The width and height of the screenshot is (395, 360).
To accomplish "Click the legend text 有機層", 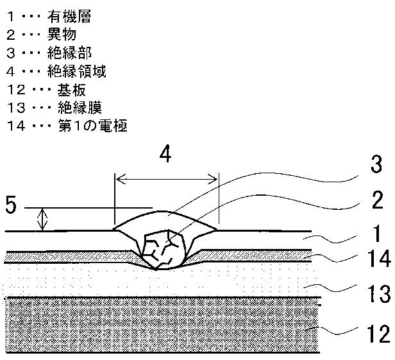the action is [69, 17].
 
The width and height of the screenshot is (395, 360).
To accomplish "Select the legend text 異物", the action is [62, 35].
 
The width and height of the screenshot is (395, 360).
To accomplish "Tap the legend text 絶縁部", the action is [69, 53].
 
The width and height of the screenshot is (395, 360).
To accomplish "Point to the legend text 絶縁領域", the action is [76, 71].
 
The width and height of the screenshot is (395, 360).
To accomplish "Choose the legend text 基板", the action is [72, 90].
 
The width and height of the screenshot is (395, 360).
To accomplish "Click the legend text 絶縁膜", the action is [80, 108].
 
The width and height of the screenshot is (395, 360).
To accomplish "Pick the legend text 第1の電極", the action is [93, 126].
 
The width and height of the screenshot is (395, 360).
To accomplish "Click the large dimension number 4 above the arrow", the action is [165, 154].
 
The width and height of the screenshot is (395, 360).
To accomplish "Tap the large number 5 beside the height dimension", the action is [11, 205].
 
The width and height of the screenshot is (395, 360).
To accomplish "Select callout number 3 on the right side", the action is [376, 164].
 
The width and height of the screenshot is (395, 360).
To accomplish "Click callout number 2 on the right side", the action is [377, 200].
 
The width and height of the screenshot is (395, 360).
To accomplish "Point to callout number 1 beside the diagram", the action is [377, 234].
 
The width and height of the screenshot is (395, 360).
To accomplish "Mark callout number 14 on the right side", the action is [378, 259].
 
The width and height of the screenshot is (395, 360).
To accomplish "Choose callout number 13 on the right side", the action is [379, 294].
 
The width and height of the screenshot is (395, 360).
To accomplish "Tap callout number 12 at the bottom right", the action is [378, 334].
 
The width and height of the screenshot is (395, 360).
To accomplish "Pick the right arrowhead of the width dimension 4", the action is [212, 180].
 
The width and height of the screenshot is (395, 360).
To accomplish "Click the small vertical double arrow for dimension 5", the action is [42, 219].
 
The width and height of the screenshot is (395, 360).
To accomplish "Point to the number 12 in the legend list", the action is [17, 90].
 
